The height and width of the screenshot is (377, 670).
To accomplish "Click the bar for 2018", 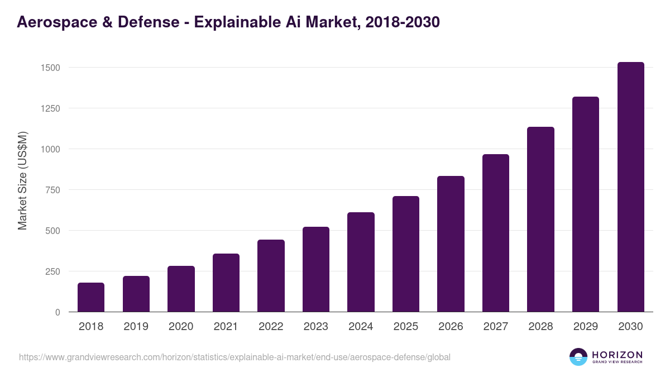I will point(91,297).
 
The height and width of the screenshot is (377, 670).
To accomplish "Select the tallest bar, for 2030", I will point(630,187).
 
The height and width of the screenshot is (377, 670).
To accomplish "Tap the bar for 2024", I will point(361,262).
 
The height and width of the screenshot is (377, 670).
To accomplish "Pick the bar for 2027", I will point(496,233).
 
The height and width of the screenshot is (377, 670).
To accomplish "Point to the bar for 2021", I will point(226,283).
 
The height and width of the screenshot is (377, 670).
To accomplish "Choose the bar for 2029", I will point(586,204).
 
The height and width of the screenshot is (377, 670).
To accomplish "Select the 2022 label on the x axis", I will point(271,327).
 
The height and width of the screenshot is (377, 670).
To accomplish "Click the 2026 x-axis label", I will point(451,327).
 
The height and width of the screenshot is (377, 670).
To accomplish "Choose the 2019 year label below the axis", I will point(136,327).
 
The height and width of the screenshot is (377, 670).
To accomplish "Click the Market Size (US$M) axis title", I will point(22,180).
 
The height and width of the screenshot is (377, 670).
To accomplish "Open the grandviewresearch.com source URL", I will point(234,357).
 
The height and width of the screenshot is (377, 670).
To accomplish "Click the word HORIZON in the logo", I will point(617,355).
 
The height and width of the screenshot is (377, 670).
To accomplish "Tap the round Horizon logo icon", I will point(578,357).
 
